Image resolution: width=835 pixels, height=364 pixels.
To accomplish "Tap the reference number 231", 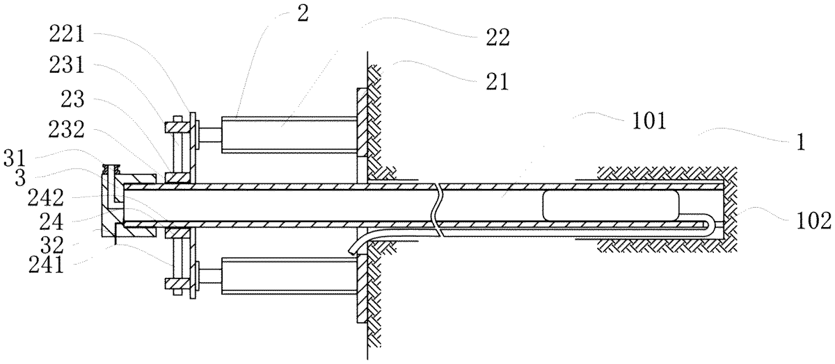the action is (67, 65).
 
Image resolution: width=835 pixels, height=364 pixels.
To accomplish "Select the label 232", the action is (66, 131).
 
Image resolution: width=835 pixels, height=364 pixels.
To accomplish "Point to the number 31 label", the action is (15, 159).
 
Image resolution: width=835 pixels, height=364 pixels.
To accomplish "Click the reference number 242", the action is (45, 198).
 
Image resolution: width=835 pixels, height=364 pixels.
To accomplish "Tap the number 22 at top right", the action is (498, 38).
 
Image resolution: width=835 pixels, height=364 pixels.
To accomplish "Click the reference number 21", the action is (498, 82).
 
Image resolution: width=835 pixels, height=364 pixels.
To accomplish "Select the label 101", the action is (649, 121).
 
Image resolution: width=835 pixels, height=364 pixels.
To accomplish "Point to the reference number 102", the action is (813, 221).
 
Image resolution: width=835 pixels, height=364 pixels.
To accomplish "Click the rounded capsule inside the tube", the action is (611, 205).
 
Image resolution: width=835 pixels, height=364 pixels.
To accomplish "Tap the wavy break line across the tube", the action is (436, 210).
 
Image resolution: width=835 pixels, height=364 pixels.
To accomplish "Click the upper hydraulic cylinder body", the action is (289, 135).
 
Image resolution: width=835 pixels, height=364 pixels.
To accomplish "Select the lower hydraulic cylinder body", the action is (289, 276).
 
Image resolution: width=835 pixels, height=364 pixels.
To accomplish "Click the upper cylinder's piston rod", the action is (211, 135).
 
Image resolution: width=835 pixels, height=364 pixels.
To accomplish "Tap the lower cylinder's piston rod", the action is (211, 276).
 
